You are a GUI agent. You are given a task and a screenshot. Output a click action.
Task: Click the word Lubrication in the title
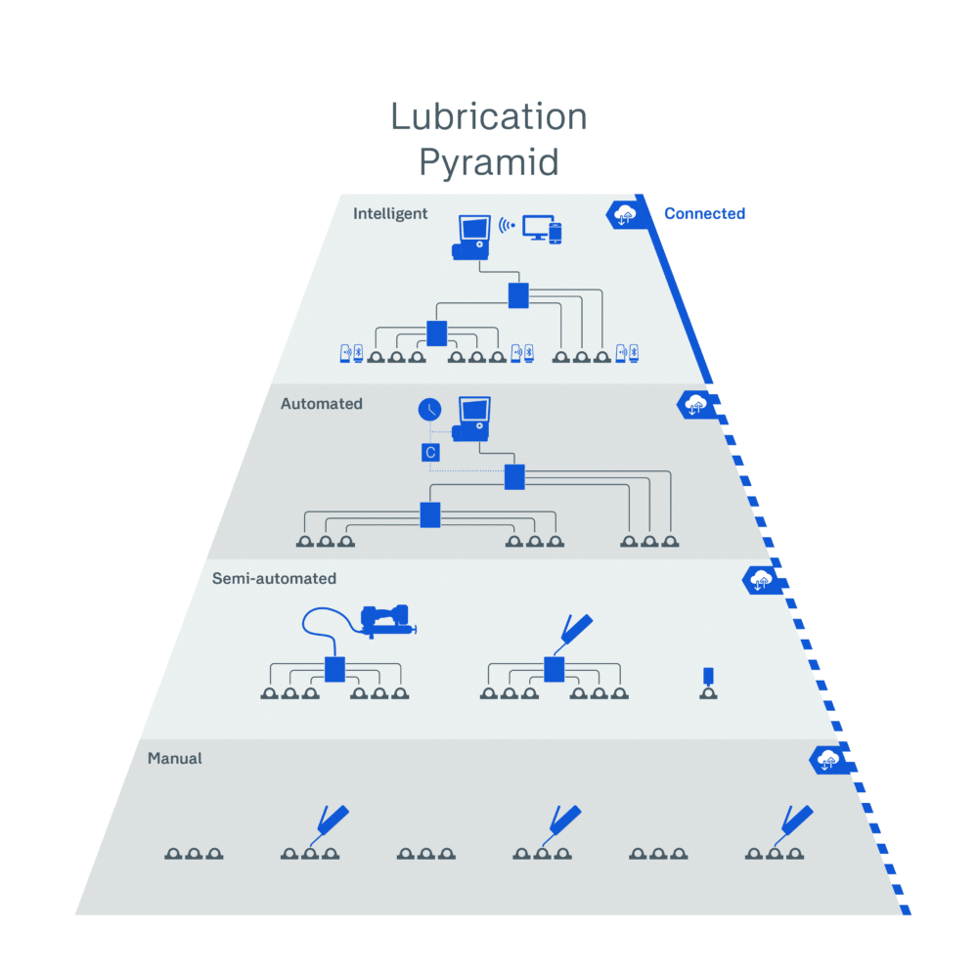489,116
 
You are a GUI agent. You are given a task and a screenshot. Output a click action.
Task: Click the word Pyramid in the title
489,163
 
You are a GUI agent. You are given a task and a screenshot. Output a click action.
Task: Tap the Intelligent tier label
390,214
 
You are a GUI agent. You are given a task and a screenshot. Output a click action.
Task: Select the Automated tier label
321,404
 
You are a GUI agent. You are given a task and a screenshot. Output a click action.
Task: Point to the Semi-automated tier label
274,578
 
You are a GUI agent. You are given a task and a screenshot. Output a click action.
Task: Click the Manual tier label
175,759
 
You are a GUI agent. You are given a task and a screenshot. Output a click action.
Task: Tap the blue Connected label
704,213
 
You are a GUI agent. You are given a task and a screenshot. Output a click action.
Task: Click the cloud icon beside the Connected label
624,215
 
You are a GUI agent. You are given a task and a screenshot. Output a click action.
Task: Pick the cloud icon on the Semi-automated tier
760,581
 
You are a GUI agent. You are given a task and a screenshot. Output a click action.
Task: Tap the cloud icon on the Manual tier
827,760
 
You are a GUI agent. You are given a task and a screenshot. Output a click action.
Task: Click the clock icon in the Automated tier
429,409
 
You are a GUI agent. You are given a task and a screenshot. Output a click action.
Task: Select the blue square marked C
430,452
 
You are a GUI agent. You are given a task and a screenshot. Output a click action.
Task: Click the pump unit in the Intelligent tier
471,237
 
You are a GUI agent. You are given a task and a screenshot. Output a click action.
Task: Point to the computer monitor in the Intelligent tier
538,227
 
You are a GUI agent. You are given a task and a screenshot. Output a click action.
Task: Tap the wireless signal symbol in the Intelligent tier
507,225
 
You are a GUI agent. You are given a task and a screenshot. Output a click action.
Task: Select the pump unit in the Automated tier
471,420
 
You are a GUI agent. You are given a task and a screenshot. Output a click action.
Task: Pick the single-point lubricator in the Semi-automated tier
708,683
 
